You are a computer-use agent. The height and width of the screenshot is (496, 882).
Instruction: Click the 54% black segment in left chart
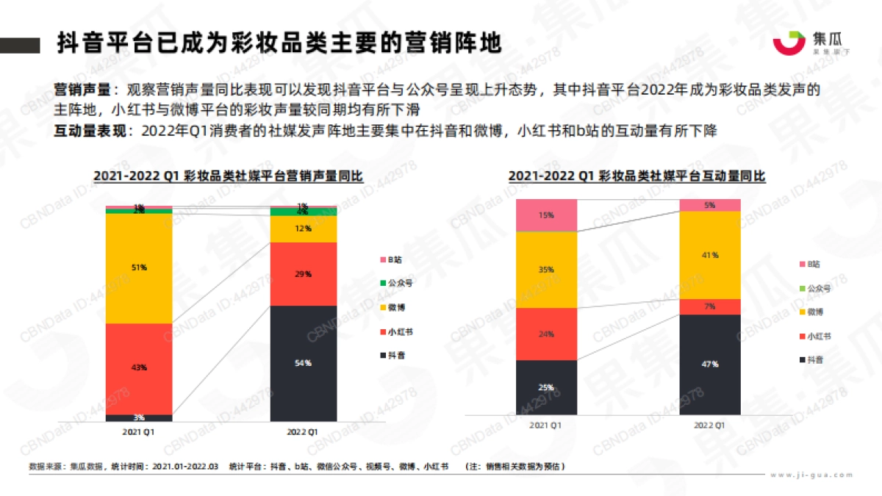click(304, 363)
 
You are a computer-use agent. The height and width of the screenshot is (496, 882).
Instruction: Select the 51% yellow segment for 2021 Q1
click(139, 268)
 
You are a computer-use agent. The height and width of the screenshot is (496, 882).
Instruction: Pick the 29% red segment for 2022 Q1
click(304, 273)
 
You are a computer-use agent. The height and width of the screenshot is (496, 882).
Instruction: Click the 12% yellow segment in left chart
click(304, 229)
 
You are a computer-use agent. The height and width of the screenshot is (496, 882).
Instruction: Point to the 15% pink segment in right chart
click(546, 215)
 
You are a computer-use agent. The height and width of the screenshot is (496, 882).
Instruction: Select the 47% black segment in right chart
click(709, 364)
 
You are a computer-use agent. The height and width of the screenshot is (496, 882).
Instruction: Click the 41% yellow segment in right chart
click(709, 255)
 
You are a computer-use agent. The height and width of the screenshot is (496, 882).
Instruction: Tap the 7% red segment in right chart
click(709, 306)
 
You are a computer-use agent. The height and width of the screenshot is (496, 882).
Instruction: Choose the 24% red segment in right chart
click(546, 334)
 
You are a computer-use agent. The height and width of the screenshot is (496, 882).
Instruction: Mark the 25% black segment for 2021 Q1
click(546, 387)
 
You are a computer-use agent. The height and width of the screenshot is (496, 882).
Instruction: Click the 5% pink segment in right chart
click(709, 205)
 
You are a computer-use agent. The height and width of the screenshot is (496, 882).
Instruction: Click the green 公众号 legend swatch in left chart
click(383, 283)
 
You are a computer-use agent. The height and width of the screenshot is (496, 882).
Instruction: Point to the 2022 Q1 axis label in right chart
click(709, 425)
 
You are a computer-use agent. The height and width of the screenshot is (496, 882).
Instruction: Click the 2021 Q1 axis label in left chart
click(139, 431)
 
